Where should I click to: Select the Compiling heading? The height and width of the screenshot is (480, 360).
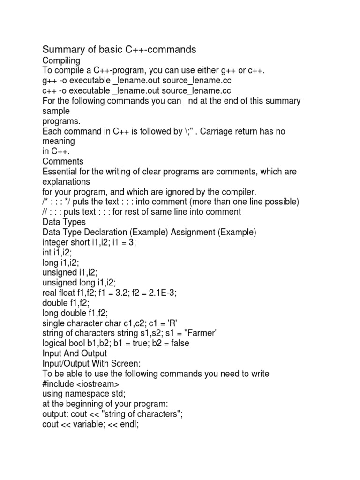click(61, 60)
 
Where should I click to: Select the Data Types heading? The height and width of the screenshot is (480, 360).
click(64, 222)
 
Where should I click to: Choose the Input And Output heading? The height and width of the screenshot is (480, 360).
click(75, 353)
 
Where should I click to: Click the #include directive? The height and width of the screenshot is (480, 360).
click(58, 383)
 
